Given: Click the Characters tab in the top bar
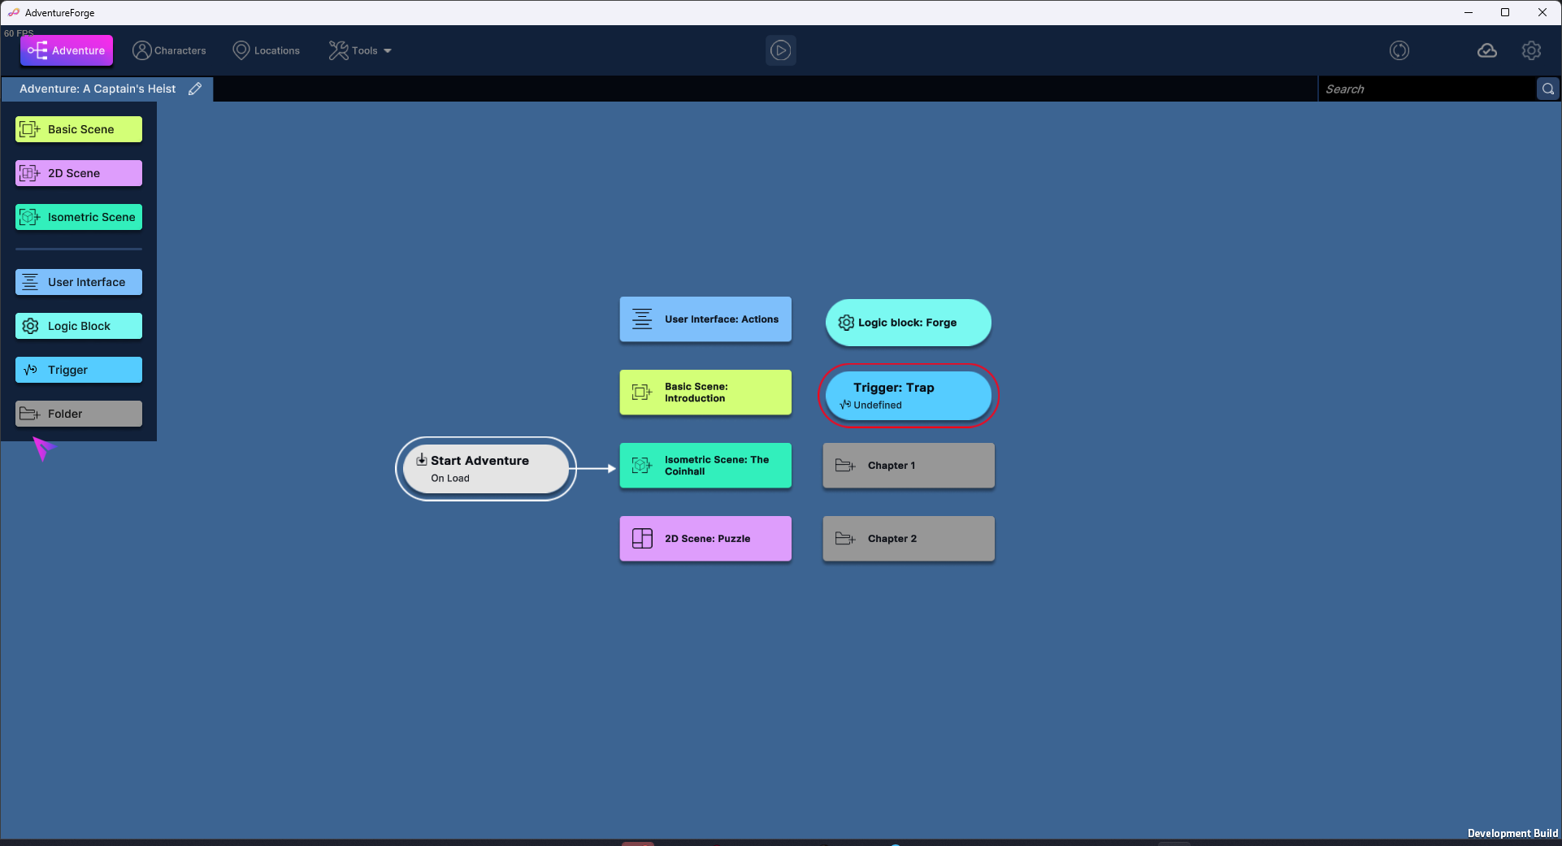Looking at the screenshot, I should point(169,50).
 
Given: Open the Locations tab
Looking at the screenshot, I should point(266,50).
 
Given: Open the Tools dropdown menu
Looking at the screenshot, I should point(360,50).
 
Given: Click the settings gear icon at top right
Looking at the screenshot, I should point(1531,50).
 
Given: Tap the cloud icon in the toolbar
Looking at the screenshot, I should point(1486,50).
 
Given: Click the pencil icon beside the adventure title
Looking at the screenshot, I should point(195,89).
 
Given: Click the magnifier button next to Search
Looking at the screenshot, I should point(1547,89).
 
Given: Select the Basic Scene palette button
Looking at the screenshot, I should point(79,129).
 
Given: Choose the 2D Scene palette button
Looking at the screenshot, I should point(79,173).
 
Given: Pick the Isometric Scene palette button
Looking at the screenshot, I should point(79,217).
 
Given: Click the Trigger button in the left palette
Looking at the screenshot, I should point(79,370).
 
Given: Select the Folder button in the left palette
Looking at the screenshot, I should point(79,414).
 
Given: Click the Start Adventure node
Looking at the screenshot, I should point(485,469).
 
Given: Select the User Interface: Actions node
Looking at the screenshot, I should point(705,319).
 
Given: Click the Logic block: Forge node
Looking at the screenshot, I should point(908,323).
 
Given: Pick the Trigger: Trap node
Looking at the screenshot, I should point(908,396).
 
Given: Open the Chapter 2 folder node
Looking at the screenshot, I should point(908,539).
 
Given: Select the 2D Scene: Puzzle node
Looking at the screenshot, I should point(705,539).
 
